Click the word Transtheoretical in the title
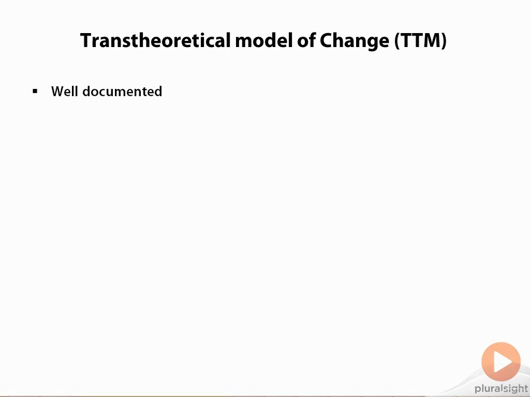155,40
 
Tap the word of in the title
306,40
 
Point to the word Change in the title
354,41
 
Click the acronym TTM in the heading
420,40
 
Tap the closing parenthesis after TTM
444,41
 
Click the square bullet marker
35,91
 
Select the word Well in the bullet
65,91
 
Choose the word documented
122,91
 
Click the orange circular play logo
501,361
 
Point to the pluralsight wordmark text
501,389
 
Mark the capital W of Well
58,91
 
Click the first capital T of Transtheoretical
86,40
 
